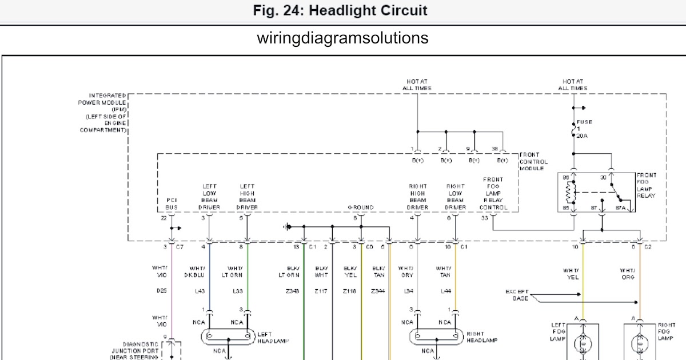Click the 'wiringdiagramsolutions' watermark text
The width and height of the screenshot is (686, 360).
343,38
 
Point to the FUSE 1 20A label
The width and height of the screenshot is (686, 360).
584,129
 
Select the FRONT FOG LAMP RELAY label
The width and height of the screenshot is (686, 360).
646,186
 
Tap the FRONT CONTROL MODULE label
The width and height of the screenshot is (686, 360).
533,162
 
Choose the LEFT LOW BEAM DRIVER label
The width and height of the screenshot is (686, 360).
209,197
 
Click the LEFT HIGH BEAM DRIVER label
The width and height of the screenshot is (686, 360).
247,197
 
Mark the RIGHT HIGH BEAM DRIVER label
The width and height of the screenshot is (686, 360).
418,197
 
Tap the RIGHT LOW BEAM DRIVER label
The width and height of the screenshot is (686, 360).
456,197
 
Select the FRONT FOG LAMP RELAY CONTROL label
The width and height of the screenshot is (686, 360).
493,193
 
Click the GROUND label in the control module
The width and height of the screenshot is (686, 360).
361,207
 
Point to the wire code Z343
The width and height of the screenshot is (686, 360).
293,291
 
